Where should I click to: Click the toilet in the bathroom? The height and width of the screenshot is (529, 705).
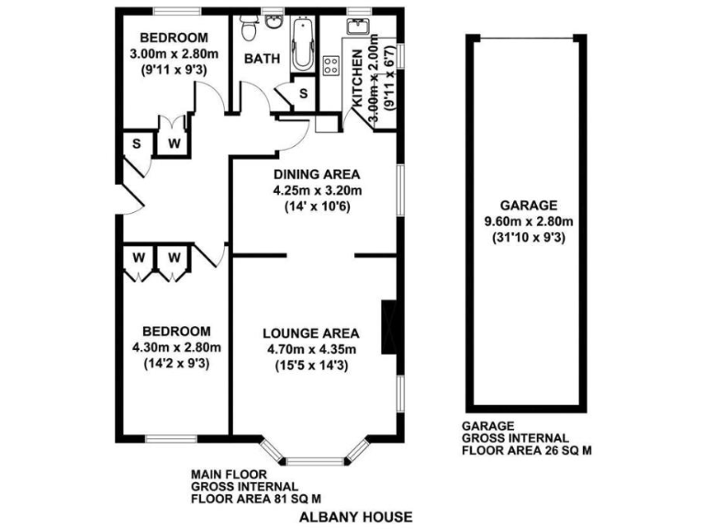[x=247, y=28]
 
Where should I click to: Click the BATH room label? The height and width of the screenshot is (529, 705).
[x=263, y=59]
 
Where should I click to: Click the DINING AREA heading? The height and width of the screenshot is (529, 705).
[x=318, y=174]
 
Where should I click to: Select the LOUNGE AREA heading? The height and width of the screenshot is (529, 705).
[x=310, y=332]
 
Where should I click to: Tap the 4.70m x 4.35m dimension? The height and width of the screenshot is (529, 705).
[x=310, y=349]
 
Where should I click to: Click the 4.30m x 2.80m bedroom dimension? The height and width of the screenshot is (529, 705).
[x=177, y=347]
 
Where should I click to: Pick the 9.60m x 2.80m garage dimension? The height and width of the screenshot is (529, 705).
[x=530, y=221]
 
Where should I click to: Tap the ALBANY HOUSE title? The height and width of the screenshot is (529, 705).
[x=355, y=516]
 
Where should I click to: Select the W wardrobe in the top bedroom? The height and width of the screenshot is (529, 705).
[x=172, y=142]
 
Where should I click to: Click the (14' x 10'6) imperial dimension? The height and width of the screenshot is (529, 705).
[x=318, y=207]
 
